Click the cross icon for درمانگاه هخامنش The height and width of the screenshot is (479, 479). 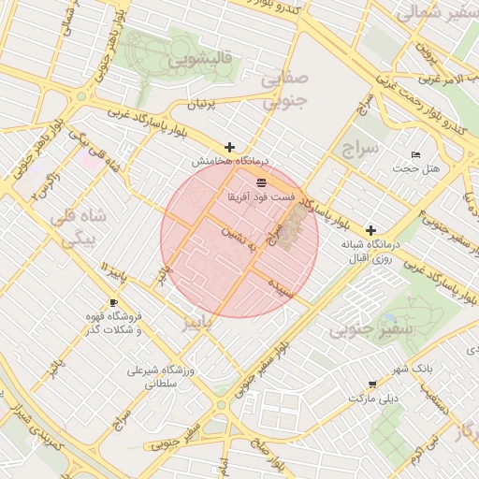point(230,147)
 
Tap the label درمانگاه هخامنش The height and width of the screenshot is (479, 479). point(224,162)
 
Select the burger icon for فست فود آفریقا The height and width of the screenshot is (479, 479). point(261,181)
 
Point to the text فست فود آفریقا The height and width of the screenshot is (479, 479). point(261,197)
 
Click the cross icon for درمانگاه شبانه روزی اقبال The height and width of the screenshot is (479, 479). point(371,229)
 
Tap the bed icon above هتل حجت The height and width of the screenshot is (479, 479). point(416,154)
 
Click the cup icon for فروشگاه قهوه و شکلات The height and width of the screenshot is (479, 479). point(113,303)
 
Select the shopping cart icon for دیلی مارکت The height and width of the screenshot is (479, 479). point(372,384)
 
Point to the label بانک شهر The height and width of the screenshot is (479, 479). point(412,369)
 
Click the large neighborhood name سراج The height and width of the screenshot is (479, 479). point(359,149)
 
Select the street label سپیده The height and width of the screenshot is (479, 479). point(282,286)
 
